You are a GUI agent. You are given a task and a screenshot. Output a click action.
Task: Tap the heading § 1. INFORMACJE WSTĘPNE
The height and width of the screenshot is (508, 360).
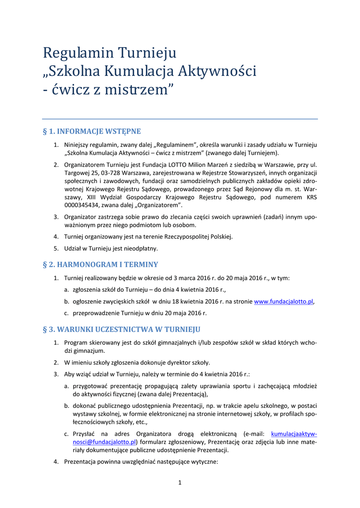pos(92,131)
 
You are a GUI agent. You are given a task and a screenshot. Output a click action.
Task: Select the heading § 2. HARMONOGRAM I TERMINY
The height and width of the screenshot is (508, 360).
pos(101,264)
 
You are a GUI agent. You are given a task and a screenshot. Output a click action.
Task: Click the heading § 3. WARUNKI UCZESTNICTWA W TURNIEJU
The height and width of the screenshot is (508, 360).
pos(122,329)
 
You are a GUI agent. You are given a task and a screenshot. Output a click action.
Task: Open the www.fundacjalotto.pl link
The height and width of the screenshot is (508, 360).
pos(284,302)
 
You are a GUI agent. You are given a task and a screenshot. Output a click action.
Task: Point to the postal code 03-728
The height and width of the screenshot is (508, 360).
pos(111,173)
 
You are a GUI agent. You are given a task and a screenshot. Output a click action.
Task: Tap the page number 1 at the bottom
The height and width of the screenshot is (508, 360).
pos(180,483)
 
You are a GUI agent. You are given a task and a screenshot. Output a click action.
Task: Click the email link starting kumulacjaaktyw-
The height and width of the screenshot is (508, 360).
pos(294,434)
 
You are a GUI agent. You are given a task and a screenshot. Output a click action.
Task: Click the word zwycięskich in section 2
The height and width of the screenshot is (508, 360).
pos(119,302)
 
